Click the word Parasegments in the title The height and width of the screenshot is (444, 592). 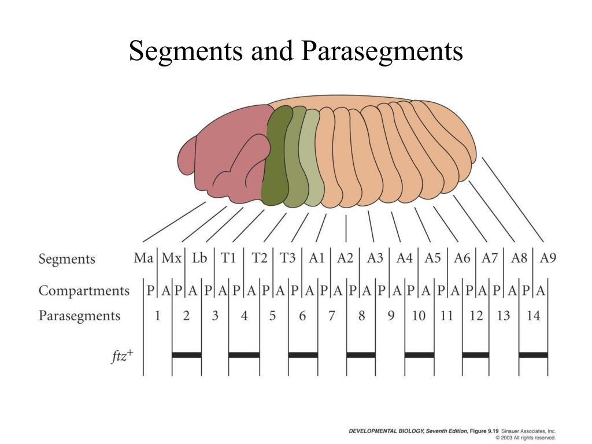coord(382,51)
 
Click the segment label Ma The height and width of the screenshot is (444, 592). coord(143,258)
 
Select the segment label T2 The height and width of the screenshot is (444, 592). coord(260,258)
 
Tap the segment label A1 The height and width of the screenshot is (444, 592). coord(316,258)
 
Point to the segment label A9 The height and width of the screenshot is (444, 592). coord(547,258)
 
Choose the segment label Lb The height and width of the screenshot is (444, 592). coord(199,258)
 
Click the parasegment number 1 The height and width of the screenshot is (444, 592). coord(157,316)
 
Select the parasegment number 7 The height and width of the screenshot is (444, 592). coord(331,316)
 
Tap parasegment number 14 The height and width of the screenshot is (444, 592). coord(533,316)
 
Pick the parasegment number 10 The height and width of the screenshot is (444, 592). coord(419,316)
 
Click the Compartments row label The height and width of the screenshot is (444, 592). coord(84,290)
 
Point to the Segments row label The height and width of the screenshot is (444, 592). coord(66,258)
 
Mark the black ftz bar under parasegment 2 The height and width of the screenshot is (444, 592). coord(187,354)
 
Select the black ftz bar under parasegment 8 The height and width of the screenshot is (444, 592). coord(361,354)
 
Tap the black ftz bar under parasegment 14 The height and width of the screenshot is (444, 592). coord(533,354)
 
